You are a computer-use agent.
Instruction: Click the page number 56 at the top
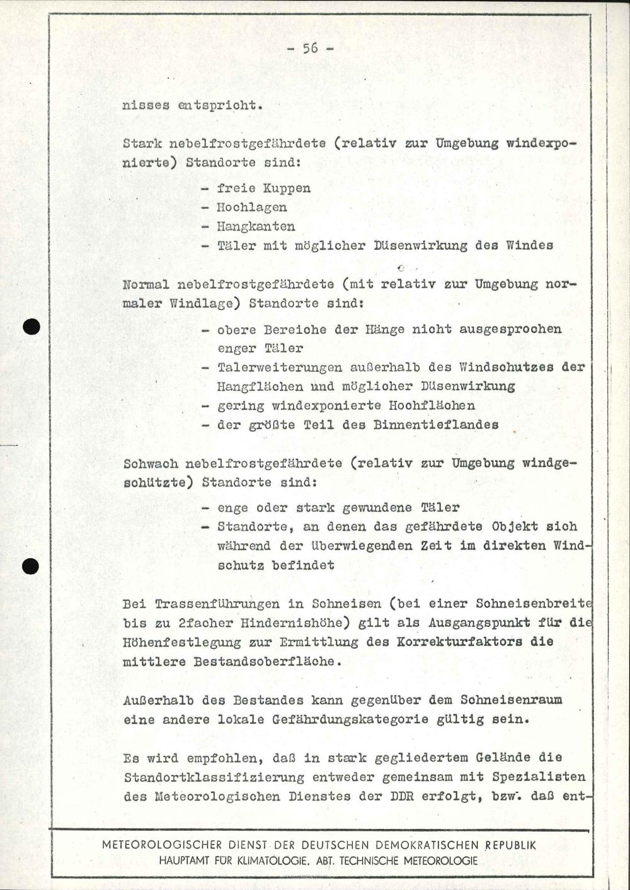pos(310,48)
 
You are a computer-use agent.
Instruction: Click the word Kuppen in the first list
pos(287,188)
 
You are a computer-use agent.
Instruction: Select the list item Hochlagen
pos(252,207)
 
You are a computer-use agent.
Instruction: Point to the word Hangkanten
pos(256,227)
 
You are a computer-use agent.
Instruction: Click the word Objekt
pos(514,527)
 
